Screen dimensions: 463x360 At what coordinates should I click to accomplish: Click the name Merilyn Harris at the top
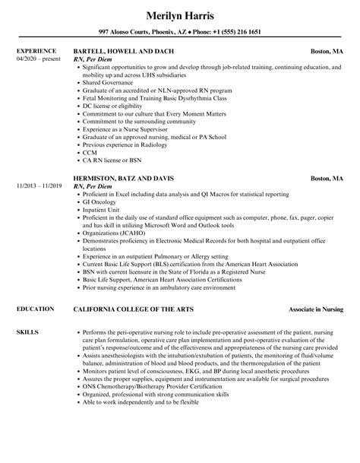(x=180, y=14)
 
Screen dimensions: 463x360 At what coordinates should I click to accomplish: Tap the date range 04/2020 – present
(x=36, y=60)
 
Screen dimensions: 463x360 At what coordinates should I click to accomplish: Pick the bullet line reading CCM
(x=90, y=151)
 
